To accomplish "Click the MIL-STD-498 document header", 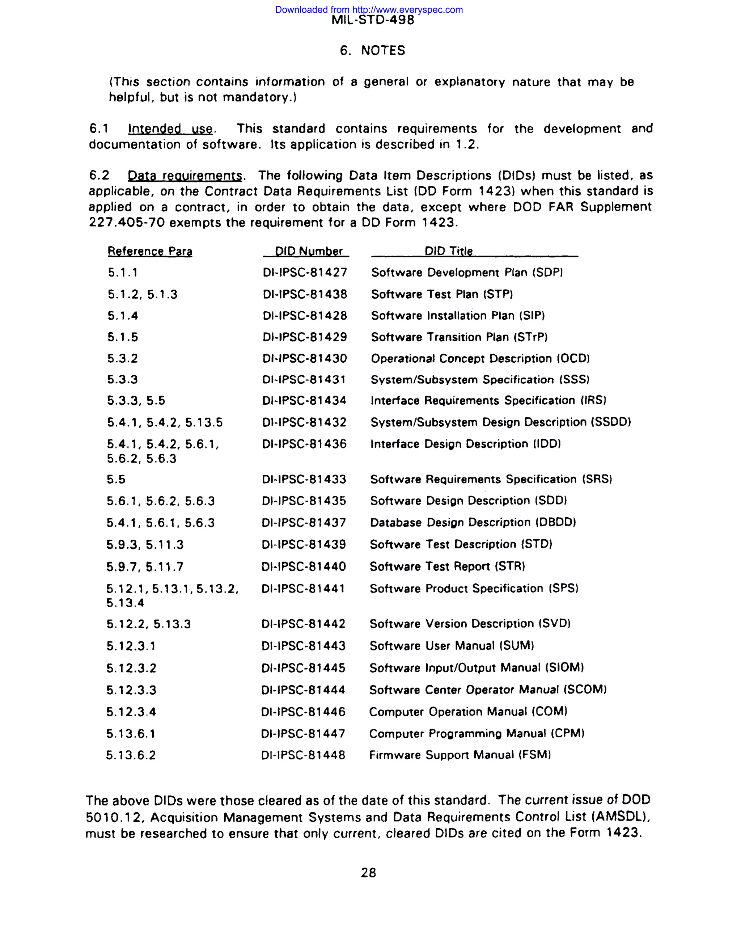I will tap(373, 20).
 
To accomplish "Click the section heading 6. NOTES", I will tap(372, 50).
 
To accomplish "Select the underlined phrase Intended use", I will tap(170, 129).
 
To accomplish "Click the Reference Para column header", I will tap(150, 251).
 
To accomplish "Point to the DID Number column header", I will tap(309, 251).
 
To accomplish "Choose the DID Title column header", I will tap(449, 251).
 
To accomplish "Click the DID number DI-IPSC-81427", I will tap(305, 273).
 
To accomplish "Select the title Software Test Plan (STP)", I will tap(442, 294).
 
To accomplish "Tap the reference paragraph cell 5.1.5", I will tap(123, 337).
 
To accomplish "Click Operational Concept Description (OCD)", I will tap(480, 359).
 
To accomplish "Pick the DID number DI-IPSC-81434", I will tap(304, 401).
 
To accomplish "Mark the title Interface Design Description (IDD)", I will tap(466, 444).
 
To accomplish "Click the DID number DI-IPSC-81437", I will tap(304, 523).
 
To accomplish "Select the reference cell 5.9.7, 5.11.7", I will tap(145, 567).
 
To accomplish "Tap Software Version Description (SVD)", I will tap(470, 624).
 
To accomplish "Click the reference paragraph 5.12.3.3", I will tap(131, 690).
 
